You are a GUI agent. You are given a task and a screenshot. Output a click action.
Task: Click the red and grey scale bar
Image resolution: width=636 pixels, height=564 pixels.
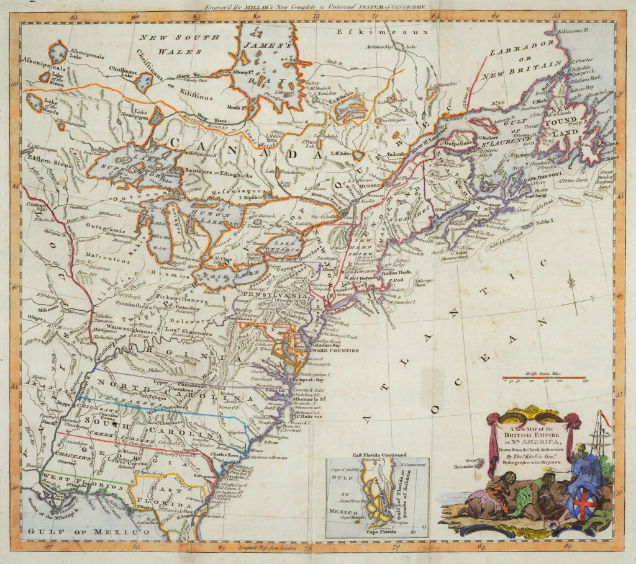point(544,377)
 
